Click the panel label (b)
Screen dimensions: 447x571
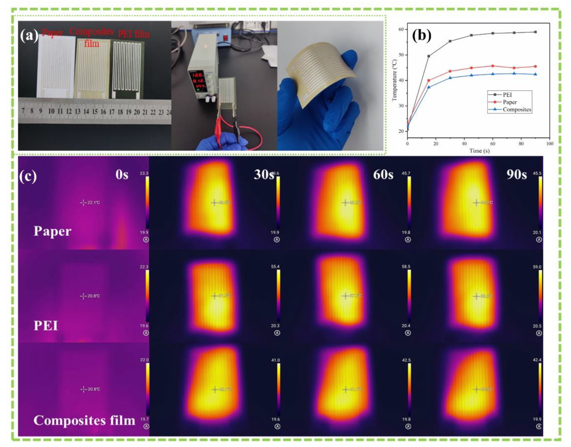(421, 36)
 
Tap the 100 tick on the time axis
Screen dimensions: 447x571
(550, 144)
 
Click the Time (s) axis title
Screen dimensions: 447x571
(479, 151)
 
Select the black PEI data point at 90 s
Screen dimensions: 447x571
(535, 32)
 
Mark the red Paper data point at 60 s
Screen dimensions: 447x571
(493, 66)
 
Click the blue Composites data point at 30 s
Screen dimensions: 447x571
(450, 78)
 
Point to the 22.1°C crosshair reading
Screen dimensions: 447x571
(93, 203)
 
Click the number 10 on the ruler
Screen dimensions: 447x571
(51, 111)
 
